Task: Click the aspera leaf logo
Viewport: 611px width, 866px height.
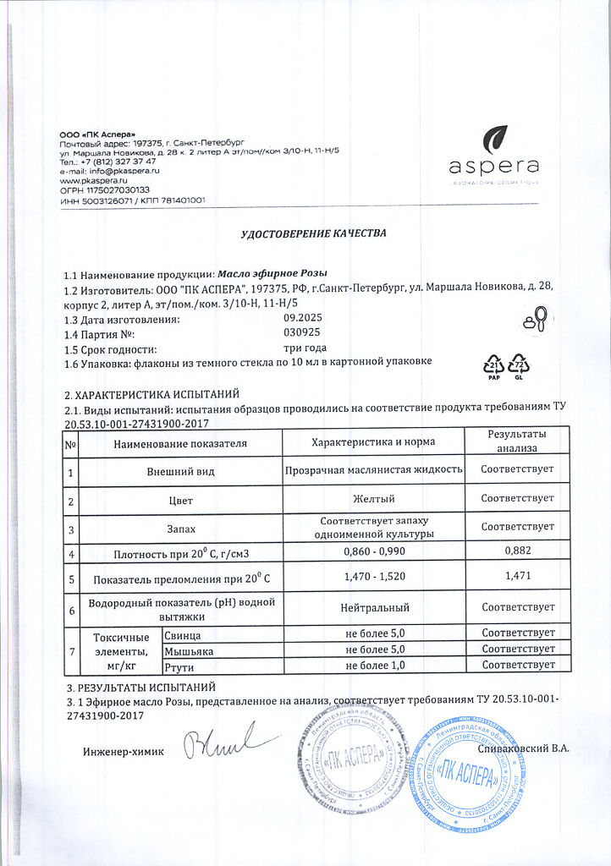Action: tap(495, 137)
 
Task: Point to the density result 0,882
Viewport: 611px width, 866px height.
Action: tap(516, 554)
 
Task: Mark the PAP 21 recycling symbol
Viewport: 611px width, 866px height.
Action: tap(493, 366)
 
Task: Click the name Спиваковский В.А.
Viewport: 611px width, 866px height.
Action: tap(523, 748)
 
